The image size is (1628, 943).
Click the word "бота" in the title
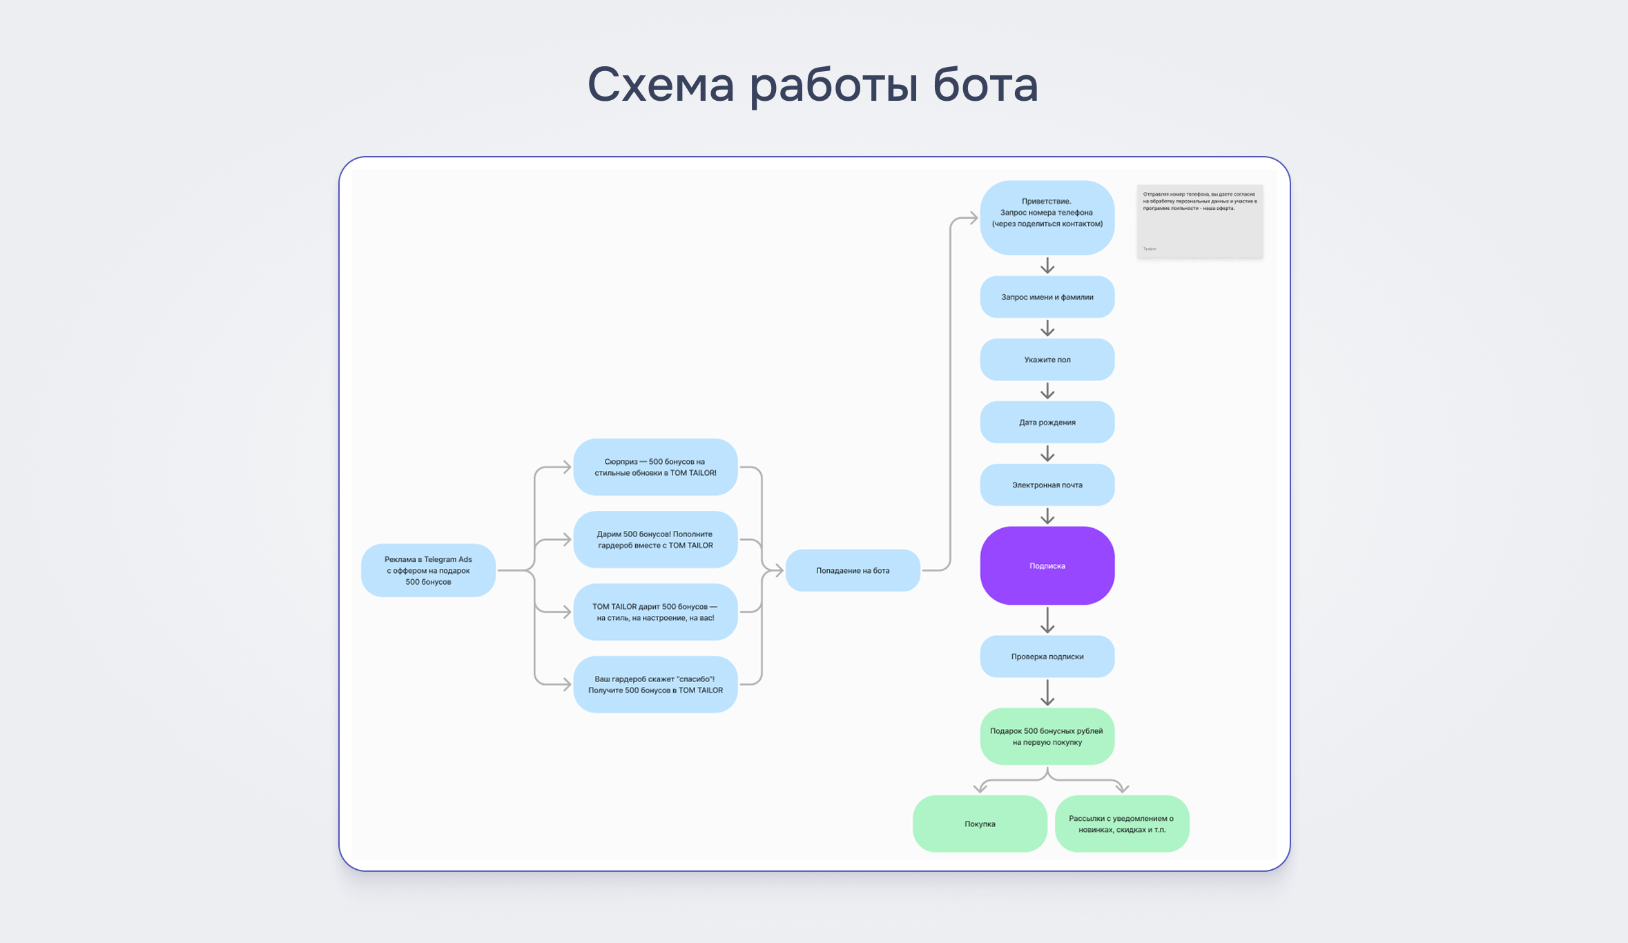click(985, 84)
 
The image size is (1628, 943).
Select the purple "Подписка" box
click(1047, 565)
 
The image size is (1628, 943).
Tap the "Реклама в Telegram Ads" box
click(428, 570)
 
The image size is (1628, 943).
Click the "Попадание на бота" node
click(853, 570)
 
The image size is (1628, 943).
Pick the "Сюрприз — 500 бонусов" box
click(655, 467)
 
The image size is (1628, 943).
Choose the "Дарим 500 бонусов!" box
click(655, 539)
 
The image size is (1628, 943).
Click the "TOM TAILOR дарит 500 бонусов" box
click(655, 612)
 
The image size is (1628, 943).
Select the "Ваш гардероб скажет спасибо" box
click(655, 684)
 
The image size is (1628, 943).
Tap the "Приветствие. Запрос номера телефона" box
click(1047, 217)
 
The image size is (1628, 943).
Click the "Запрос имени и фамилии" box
click(1047, 297)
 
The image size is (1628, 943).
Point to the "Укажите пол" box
click(1047, 360)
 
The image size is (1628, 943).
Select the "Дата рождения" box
click(1047, 422)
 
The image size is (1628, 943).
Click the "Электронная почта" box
click(1047, 485)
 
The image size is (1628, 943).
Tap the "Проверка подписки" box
click(1047, 657)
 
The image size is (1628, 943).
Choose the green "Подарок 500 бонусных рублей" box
click(1047, 736)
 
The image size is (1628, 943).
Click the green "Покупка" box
click(980, 824)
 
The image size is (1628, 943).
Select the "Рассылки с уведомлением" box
click(1122, 824)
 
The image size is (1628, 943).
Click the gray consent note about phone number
click(1200, 221)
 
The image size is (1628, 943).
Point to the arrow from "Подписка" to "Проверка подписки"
click(1047, 620)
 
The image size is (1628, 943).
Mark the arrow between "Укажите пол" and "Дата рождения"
click(1047, 391)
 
